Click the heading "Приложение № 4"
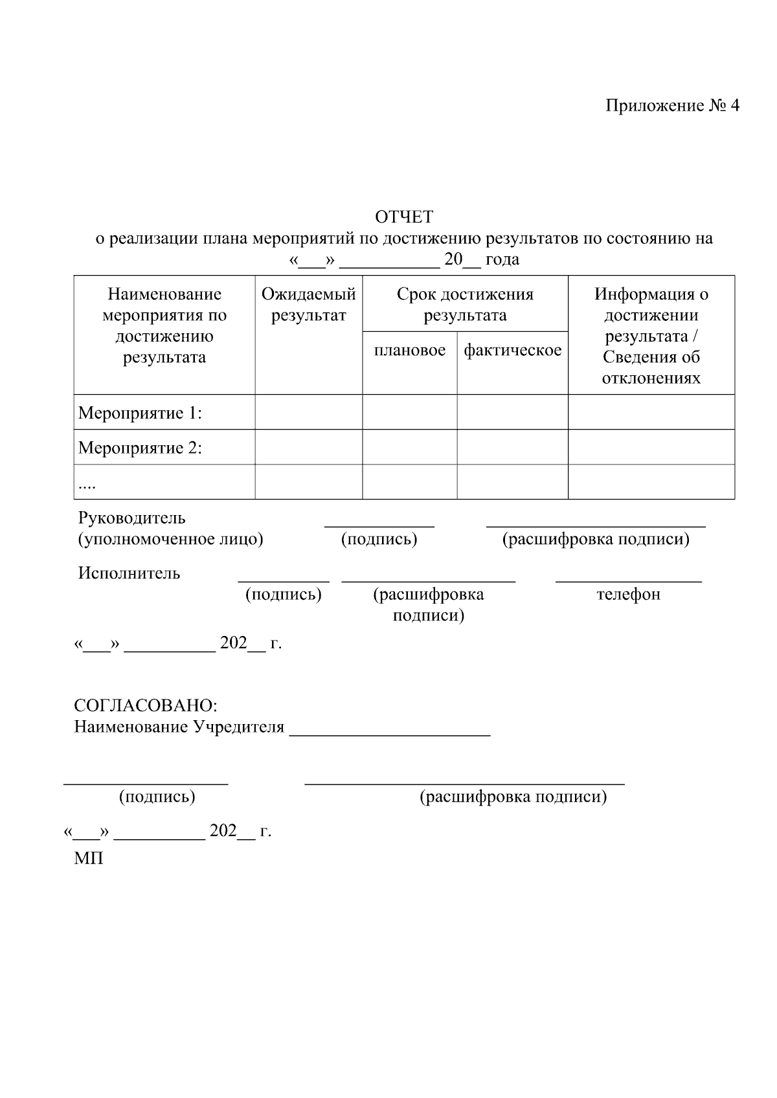(671, 105)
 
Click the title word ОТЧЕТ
(404, 217)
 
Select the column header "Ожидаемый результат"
(308, 305)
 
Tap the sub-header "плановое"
(410, 350)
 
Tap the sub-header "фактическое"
(512, 350)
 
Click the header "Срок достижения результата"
(465, 305)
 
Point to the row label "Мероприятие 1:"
(140, 413)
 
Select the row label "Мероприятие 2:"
(140, 448)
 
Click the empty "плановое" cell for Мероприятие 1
(410, 412)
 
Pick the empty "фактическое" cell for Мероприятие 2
(512, 447)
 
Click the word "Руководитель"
(131, 518)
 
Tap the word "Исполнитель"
(129, 573)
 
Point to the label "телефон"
(628, 594)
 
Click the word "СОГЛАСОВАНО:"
(146, 705)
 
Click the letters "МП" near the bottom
(89, 859)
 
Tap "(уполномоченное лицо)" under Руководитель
(170, 539)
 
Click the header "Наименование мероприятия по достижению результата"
(164, 325)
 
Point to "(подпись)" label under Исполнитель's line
(283, 594)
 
